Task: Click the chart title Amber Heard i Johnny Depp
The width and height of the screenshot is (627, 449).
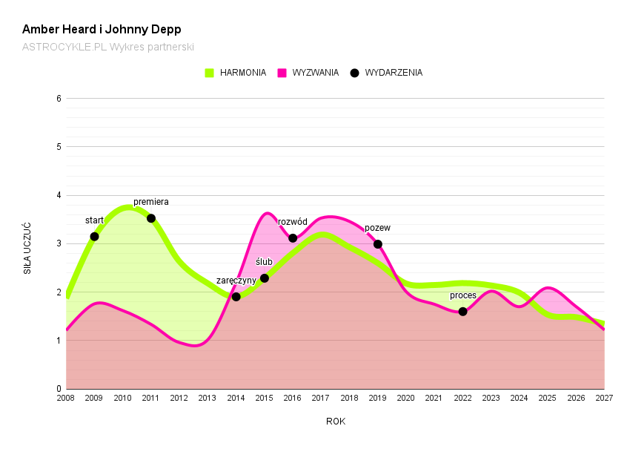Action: tap(102, 30)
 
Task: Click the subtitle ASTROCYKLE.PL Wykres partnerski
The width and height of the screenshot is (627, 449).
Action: tap(107, 47)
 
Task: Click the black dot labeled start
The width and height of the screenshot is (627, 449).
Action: tap(94, 237)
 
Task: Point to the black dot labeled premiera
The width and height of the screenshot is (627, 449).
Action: tap(151, 218)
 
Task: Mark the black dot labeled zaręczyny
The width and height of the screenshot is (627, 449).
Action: tap(236, 297)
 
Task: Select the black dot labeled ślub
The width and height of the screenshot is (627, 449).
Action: tap(265, 278)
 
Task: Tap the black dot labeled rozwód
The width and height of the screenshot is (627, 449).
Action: tap(293, 238)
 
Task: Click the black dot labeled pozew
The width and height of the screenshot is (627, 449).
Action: tap(378, 244)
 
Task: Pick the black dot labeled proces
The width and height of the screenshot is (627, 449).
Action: tap(463, 312)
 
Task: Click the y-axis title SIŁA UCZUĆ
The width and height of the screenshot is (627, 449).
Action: tap(27, 248)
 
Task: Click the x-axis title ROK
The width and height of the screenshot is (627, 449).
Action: tap(336, 422)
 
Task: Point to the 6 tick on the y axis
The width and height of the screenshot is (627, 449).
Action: tap(59, 98)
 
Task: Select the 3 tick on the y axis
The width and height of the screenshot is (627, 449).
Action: tap(59, 243)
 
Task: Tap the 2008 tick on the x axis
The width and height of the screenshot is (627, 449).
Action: tap(66, 399)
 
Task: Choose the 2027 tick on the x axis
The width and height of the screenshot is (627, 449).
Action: tap(604, 399)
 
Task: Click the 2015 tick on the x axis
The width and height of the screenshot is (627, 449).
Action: tap(265, 399)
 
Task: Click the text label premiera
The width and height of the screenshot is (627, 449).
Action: tap(151, 202)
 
